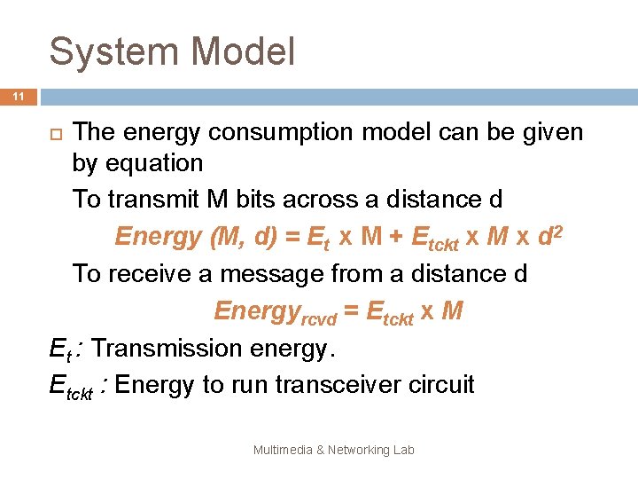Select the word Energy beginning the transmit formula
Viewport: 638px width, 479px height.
(158, 237)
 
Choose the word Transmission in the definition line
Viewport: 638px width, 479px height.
(167, 348)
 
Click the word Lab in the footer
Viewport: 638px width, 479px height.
(403, 450)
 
